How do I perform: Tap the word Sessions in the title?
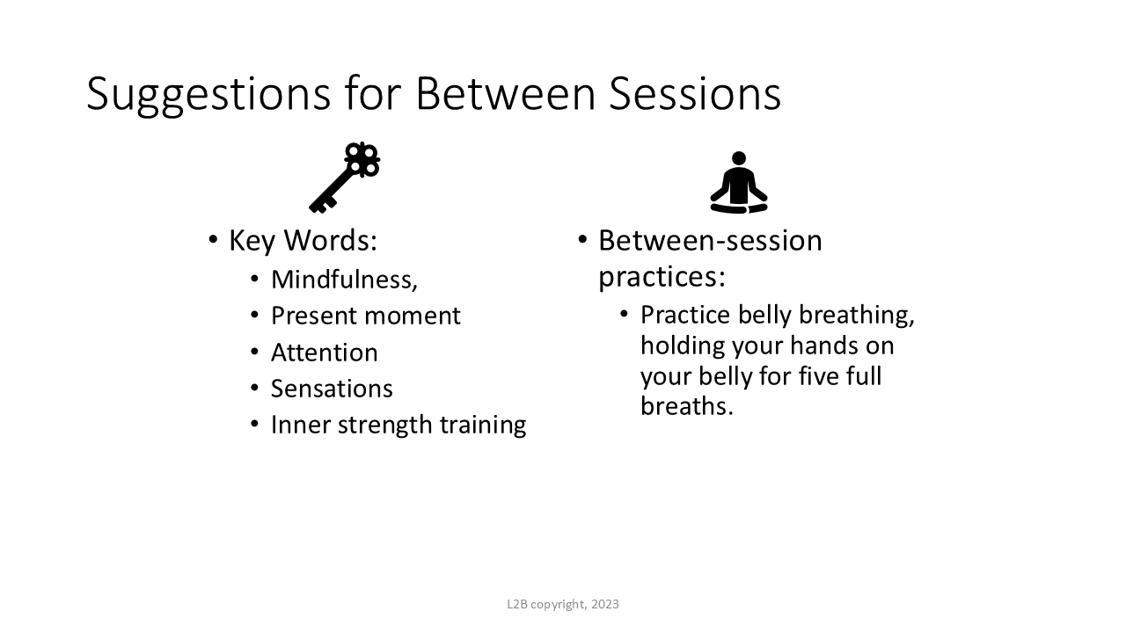[695, 93]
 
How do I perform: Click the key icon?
[344, 178]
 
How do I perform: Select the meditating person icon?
[739, 182]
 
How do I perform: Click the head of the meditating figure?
[739, 157]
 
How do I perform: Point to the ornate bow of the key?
[362, 160]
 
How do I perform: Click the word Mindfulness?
[344, 280]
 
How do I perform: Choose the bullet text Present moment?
[365, 316]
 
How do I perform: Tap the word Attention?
[325, 353]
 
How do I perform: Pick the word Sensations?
[332, 389]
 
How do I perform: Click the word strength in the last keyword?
[384, 425]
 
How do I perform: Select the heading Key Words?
[303, 241]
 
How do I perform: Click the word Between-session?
[710, 240]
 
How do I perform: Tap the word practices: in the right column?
[662, 277]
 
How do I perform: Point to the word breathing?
[857, 316]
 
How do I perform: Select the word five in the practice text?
[817, 375]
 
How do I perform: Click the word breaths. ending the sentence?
[687, 406]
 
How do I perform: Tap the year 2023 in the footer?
[604, 604]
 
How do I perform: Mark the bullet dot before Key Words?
[213, 240]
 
